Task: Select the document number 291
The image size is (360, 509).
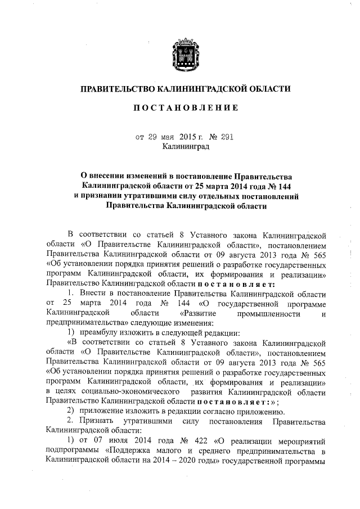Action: click(x=223, y=137)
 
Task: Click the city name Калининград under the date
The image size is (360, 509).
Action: click(x=185, y=147)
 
